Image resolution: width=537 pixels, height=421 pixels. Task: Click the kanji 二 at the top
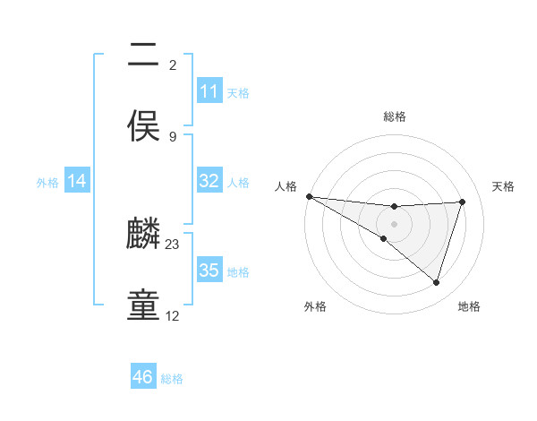pos(143,56)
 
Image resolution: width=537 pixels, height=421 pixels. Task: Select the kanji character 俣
pos(143,125)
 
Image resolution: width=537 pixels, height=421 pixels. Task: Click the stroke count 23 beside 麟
pos(173,244)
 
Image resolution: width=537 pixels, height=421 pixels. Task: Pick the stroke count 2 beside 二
pos(173,64)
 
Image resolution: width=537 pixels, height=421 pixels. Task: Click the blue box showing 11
pos(209,91)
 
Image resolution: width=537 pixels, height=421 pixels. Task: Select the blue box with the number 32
pos(209,181)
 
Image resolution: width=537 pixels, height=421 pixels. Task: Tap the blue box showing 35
pos(209,271)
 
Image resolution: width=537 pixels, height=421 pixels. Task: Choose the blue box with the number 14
pos(77,181)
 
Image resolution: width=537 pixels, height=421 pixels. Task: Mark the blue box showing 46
pos(142,377)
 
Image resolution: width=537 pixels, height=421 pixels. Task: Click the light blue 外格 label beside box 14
pos(47,182)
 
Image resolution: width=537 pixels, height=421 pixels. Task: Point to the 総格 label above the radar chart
pos(395,116)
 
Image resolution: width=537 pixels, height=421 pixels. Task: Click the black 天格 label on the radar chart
pos(503,186)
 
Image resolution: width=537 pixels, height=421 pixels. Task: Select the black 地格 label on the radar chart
pos(469,306)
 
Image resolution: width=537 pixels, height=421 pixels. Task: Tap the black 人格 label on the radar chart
pos(286,186)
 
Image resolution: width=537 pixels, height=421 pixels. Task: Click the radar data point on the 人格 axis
pos(309,196)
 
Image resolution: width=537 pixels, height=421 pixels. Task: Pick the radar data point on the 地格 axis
pos(437,282)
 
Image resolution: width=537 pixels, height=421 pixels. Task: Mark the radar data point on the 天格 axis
pos(463,202)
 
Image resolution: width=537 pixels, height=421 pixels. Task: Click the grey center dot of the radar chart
pos(394,223)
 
